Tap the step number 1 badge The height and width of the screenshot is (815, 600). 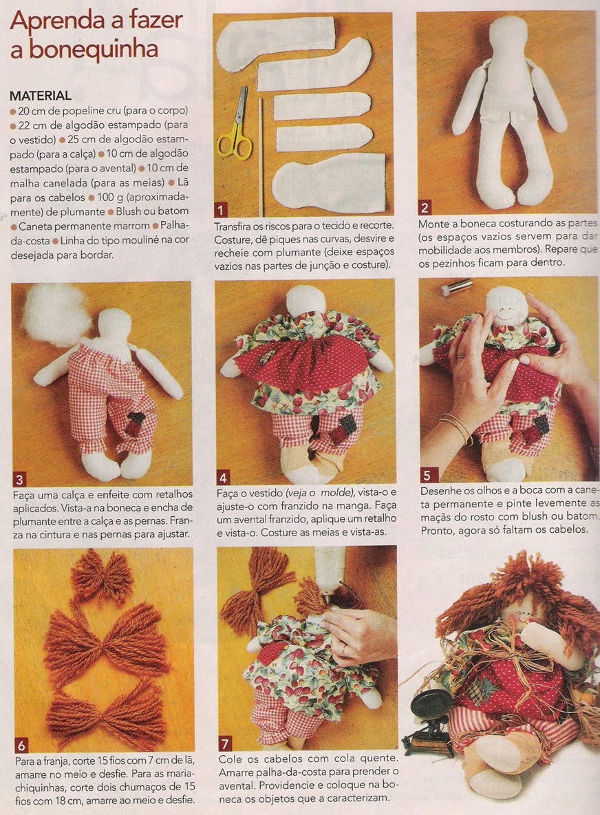point(221,210)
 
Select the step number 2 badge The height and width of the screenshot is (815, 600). point(425,208)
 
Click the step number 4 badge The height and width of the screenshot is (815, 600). point(224,478)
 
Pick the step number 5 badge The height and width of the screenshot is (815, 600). point(427,475)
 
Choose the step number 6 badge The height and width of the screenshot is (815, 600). point(21,746)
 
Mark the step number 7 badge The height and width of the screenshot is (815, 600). point(225,743)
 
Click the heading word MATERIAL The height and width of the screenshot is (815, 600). point(41,96)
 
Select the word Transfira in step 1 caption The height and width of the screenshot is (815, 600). point(235,226)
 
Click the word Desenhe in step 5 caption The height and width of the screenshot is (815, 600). point(442,491)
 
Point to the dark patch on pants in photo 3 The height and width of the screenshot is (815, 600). point(138,423)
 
